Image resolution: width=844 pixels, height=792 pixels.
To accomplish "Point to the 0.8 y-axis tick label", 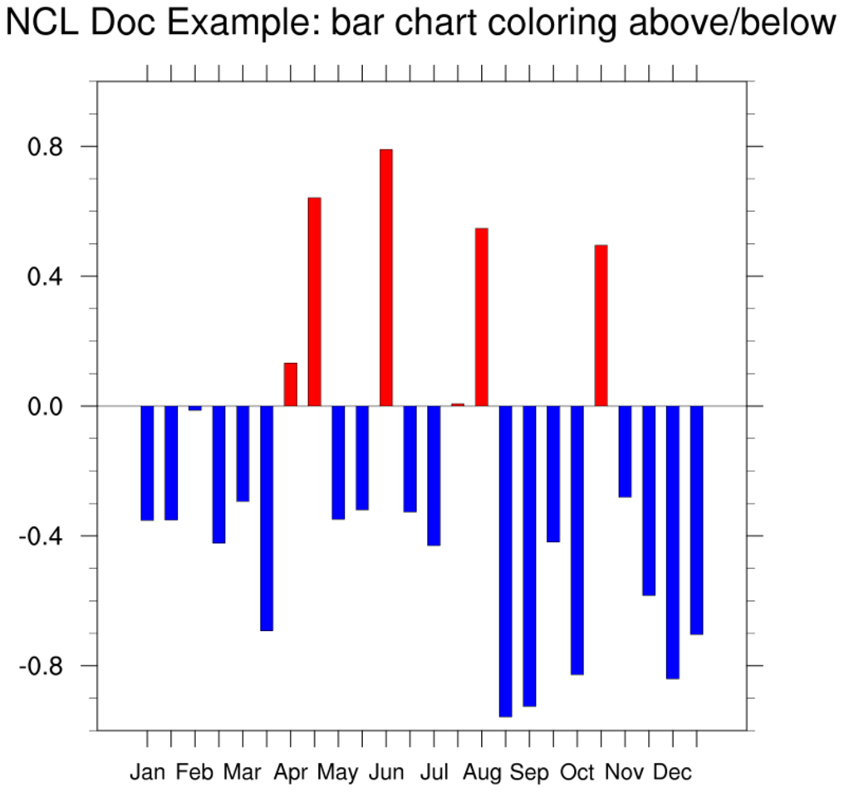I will click(x=47, y=147).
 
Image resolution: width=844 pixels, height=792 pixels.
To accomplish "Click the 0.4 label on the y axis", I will click(x=47, y=276).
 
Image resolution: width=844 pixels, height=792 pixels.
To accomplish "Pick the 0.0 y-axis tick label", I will click(x=47, y=407).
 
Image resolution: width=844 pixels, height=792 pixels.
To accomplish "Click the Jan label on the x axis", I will click(x=147, y=773).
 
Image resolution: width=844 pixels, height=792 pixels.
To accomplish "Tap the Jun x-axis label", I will click(x=386, y=773).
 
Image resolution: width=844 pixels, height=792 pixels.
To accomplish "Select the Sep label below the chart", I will click(x=529, y=773).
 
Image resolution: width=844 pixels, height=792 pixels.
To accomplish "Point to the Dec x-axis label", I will click(x=673, y=773).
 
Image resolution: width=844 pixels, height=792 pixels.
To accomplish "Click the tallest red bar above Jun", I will click(x=386, y=277).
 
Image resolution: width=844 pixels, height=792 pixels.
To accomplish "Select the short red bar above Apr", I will click(x=290, y=384).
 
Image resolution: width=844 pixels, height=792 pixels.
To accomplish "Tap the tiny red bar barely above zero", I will click(x=458, y=404).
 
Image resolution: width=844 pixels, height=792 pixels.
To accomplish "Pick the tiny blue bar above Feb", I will click(x=195, y=408).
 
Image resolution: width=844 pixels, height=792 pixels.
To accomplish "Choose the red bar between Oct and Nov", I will click(x=601, y=325).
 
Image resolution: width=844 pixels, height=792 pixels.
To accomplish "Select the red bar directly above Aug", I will click(x=482, y=316).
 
